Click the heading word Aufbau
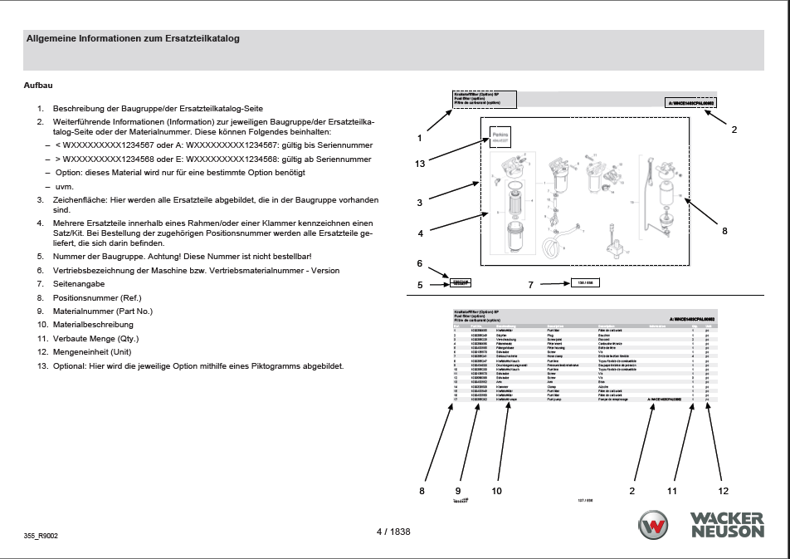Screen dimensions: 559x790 (x=38, y=86)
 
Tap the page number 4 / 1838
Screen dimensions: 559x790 (x=394, y=532)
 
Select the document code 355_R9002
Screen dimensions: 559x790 (x=41, y=537)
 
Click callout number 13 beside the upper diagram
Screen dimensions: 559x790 (x=420, y=164)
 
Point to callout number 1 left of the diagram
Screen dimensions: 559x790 (x=420, y=137)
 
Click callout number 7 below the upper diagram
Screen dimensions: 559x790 (x=530, y=285)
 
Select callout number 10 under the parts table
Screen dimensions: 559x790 (x=496, y=491)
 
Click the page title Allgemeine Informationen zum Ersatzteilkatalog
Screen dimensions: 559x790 (x=134, y=38)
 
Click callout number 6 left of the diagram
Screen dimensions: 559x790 (x=420, y=263)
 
